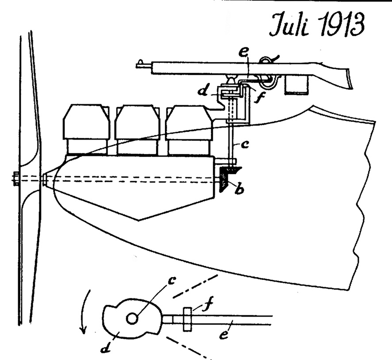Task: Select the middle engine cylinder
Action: [x=137, y=126]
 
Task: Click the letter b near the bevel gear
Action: [x=239, y=191]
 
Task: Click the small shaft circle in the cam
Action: [x=132, y=318]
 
